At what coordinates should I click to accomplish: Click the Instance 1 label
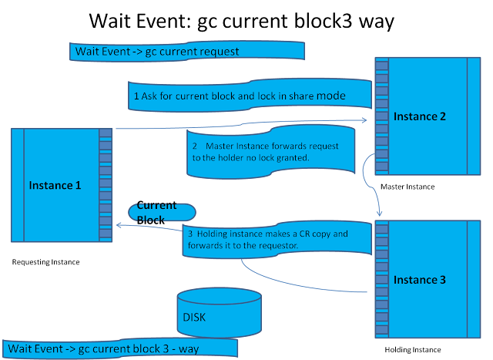(55, 185)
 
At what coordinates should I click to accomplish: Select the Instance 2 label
(420, 116)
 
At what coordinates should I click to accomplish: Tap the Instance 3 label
(420, 279)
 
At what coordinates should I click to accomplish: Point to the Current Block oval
(161, 212)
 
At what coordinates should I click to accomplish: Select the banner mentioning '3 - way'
(120, 348)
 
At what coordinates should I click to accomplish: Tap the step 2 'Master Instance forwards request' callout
(270, 152)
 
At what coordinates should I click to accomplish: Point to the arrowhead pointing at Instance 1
(118, 224)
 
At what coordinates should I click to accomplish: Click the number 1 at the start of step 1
(136, 96)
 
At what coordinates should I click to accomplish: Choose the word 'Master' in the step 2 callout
(223, 146)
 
